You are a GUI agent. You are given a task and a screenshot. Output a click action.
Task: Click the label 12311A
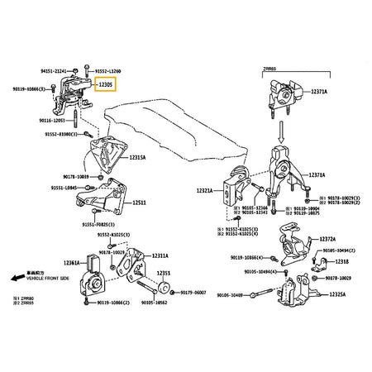coord(159,255)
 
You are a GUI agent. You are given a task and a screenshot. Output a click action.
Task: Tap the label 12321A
coord(205,190)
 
